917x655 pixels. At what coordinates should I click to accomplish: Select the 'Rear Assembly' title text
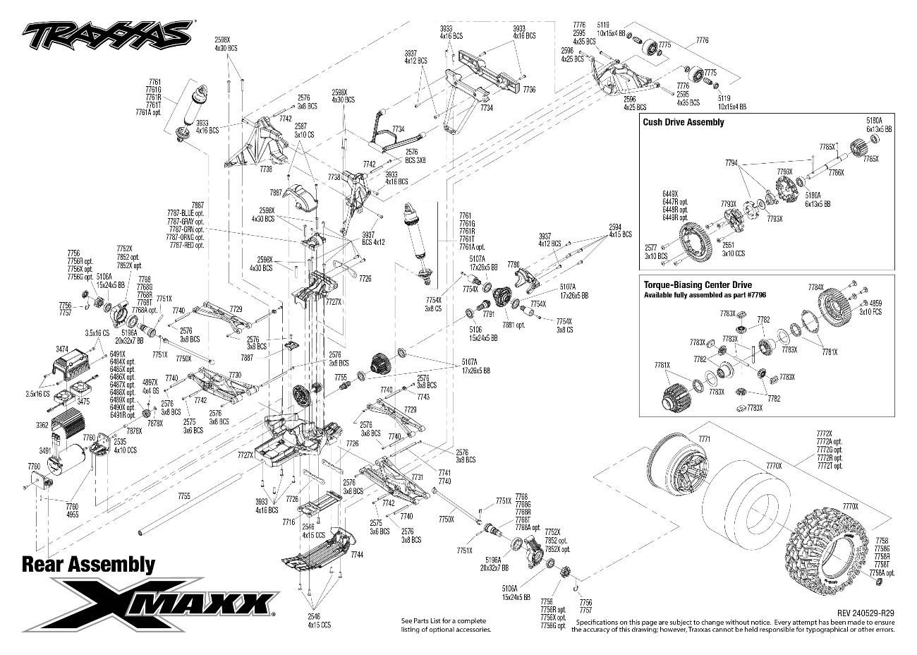88,564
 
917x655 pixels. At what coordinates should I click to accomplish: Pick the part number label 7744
356,555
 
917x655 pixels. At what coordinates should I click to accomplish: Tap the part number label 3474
63,349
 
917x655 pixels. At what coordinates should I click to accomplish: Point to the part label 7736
529,90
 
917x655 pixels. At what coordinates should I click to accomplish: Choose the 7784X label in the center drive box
815,287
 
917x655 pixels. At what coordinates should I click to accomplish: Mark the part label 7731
418,478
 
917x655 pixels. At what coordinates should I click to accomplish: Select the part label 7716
288,522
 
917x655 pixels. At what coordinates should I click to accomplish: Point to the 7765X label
871,159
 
